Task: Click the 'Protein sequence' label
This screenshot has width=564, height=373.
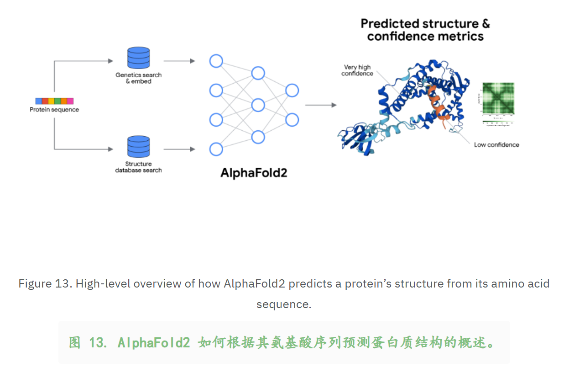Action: (54, 110)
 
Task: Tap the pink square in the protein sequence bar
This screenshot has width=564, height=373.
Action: (70, 101)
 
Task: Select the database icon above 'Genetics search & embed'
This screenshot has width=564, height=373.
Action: (138, 58)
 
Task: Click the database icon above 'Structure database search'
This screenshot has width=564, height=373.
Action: (138, 146)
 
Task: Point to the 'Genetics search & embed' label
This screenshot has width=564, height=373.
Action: (138, 78)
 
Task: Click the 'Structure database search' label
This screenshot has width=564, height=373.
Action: (138, 167)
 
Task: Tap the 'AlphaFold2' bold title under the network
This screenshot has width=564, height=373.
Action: (254, 173)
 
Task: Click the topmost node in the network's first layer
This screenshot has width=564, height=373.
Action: (216, 61)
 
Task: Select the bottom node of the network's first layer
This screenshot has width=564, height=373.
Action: (216, 149)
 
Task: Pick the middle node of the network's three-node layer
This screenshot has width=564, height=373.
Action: (258, 105)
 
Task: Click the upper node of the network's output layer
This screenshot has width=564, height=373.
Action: (292, 91)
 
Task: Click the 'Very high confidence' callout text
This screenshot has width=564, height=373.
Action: (357, 70)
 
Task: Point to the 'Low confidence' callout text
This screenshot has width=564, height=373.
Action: (496, 145)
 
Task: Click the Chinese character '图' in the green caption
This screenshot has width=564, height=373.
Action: (75, 342)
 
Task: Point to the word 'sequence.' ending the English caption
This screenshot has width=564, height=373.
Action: (283, 304)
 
